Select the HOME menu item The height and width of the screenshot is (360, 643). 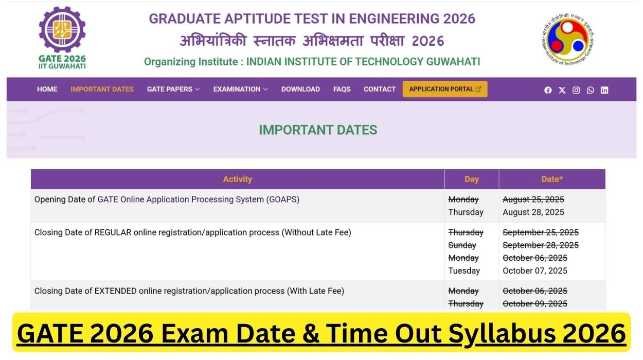[47, 89]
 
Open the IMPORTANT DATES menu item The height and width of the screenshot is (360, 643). [102, 89]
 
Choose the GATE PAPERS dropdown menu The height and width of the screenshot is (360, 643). [173, 89]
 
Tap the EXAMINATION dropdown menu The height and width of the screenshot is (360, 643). [240, 89]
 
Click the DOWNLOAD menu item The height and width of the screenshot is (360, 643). [300, 89]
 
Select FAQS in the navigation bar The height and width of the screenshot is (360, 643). [342, 89]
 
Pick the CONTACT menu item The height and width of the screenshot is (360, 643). [380, 89]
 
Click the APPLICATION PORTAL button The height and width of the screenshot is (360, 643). [445, 89]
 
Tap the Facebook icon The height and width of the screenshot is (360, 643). [548, 90]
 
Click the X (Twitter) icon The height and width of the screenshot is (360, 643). [562, 90]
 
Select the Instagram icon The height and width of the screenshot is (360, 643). [576, 90]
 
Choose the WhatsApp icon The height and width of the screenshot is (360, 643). [590, 90]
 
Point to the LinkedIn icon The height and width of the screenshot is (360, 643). [604, 90]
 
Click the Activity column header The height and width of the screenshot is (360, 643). [237, 179]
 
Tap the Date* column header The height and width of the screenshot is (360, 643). [552, 179]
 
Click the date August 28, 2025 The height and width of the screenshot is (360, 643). [533, 212]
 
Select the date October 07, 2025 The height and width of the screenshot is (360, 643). [534, 271]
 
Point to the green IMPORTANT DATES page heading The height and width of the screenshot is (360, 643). [318, 130]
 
